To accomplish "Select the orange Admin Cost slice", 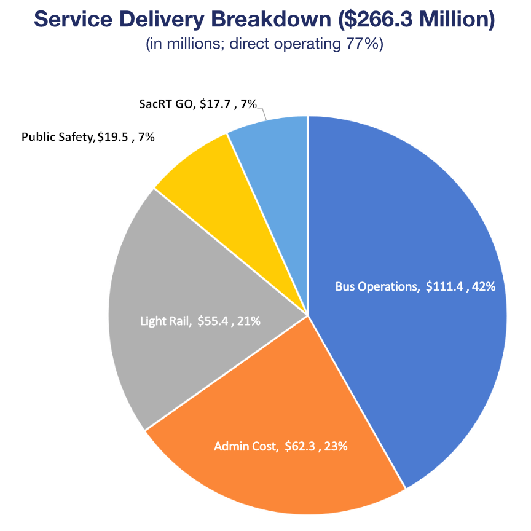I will [x=277, y=473].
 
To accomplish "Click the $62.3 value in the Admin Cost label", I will [x=299, y=447].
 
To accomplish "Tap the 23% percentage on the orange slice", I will [x=337, y=447].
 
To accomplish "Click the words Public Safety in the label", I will [x=58, y=136].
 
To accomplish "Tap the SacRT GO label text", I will [x=165, y=104].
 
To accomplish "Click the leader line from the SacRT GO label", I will [x=263, y=112].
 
